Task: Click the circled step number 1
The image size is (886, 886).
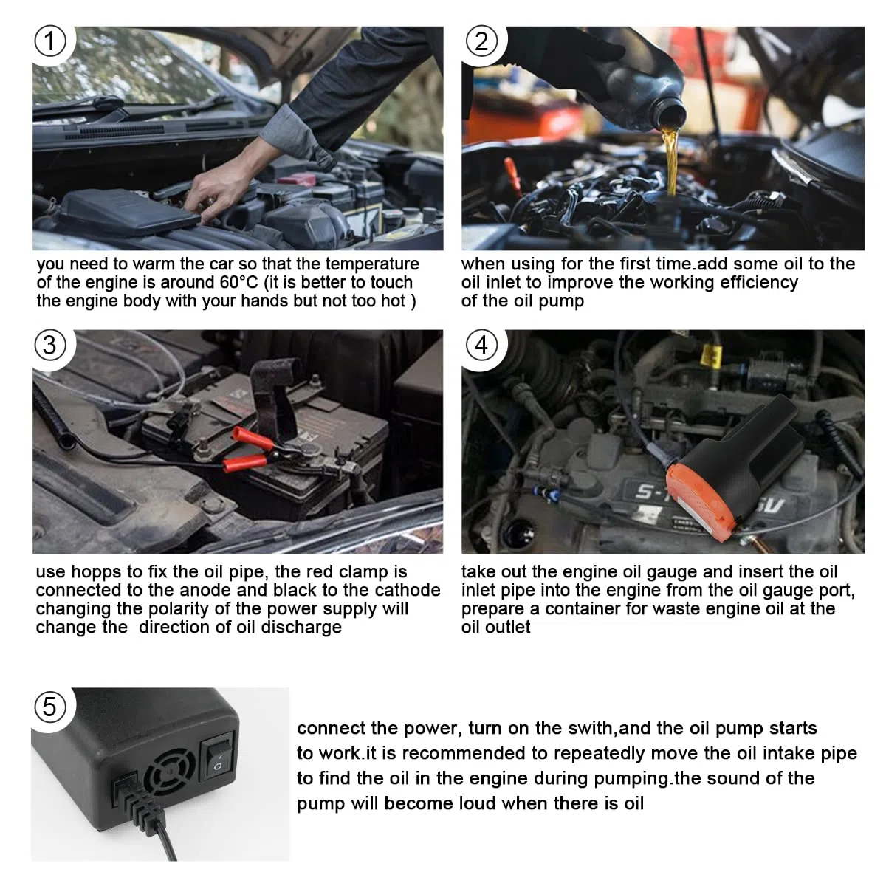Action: click(50, 41)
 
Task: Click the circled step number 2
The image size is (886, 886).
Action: click(481, 41)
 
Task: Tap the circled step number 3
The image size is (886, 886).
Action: click(50, 345)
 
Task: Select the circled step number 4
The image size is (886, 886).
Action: click(481, 345)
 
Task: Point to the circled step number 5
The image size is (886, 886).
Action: click(50, 707)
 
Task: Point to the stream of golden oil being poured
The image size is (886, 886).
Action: click(670, 162)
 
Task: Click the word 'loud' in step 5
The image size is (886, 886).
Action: click(477, 804)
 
